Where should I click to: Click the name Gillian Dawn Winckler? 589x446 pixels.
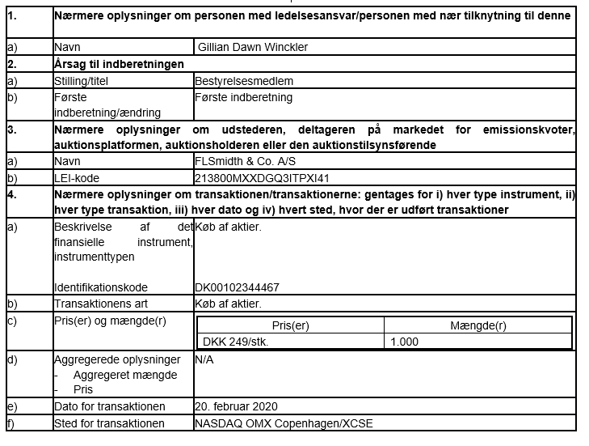point(252,47)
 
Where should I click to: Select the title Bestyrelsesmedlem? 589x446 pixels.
point(244,81)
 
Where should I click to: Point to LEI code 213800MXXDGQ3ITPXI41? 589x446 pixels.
point(263,177)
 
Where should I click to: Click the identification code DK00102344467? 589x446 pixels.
point(238,287)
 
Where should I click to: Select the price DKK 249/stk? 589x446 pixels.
point(236,342)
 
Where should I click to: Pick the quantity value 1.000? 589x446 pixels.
point(404,342)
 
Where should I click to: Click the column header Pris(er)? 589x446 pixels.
point(291,326)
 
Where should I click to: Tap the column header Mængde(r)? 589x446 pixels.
point(478,326)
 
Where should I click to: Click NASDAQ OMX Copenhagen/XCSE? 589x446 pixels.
point(284,423)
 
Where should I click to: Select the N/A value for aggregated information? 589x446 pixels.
point(204,359)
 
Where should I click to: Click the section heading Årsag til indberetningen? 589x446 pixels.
point(118,64)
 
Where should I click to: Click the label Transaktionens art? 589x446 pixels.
point(100,304)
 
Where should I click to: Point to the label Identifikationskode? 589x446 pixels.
point(101,287)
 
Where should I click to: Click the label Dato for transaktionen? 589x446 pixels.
point(109,406)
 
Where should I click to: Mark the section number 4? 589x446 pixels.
point(12,193)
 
